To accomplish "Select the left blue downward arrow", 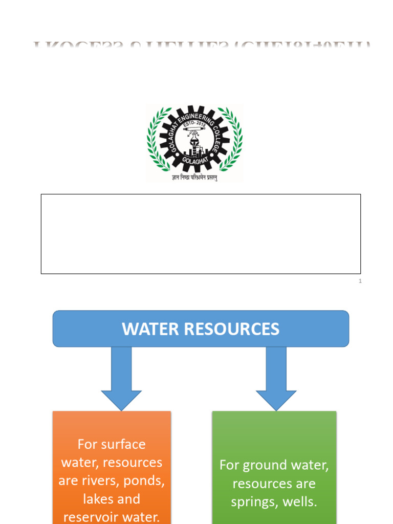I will pos(121,379).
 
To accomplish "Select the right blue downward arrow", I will pos(276,379).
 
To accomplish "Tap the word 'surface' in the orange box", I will pos(124,444).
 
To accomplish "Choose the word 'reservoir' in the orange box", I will pos(92,517).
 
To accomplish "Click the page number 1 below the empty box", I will pos(360,281).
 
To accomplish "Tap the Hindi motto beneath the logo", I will pos(195,179).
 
